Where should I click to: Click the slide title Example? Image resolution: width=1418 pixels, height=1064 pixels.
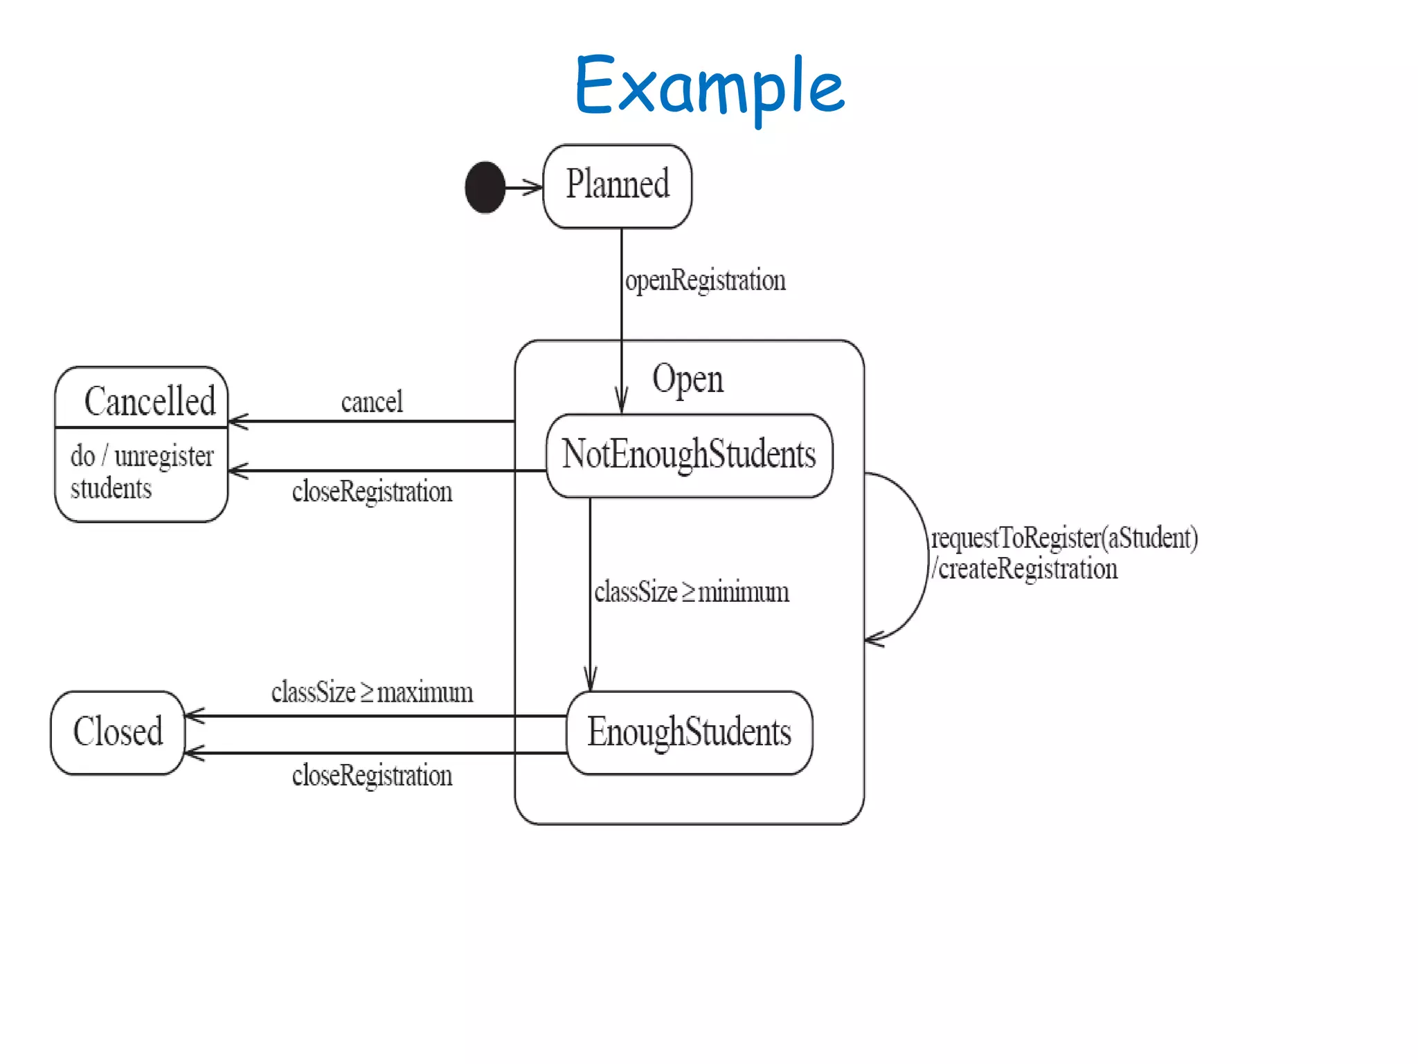click(709, 87)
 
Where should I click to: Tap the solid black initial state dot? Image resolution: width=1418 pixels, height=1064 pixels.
click(485, 187)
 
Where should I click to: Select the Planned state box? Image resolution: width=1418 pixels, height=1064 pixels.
click(617, 186)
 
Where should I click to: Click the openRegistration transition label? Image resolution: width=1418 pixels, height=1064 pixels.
click(705, 281)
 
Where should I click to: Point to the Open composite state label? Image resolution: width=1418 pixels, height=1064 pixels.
click(688, 379)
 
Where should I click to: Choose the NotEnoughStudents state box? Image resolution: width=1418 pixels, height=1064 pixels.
click(689, 455)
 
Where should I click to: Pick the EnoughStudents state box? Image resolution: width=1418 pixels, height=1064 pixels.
click(689, 732)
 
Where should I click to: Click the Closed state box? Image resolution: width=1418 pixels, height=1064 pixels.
click(118, 732)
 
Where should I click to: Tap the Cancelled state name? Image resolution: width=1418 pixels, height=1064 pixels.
click(150, 401)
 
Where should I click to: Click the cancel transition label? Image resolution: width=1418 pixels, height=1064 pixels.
click(372, 402)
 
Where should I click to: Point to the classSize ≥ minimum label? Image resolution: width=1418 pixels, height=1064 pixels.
click(691, 592)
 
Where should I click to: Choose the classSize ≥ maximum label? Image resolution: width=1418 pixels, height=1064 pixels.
click(372, 692)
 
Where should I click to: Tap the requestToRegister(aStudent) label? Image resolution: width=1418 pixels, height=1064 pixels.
click(1064, 538)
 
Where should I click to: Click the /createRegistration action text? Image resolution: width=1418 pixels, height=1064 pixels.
click(1025, 569)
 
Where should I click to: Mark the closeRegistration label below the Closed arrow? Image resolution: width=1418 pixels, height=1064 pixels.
click(372, 775)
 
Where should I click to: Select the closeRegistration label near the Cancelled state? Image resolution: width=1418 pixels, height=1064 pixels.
click(372, 492)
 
